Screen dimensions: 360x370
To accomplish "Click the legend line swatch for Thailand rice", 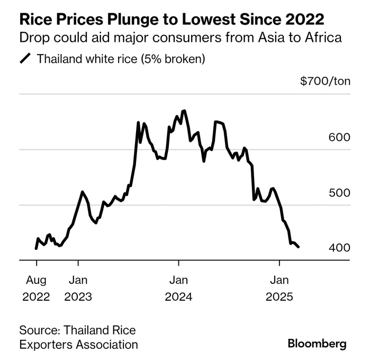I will [x=25, y=59].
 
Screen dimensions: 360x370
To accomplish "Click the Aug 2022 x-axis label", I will [x=36, y=287].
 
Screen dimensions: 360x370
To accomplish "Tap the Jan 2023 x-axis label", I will [x=78, y=287].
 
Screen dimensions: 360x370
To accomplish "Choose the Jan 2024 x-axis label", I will [x=179, y=287].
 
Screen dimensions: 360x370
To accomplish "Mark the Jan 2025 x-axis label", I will [x=279, y=287].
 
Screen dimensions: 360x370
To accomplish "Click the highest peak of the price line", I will [x=184, y=111].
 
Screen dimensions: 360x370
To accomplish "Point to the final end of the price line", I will [x=299, y=247].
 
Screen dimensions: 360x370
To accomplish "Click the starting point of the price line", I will [x=36, y=248].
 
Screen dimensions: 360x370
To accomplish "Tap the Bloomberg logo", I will [x=317, y=344].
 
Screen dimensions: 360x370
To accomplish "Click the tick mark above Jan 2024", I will [x=179, y=263].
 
